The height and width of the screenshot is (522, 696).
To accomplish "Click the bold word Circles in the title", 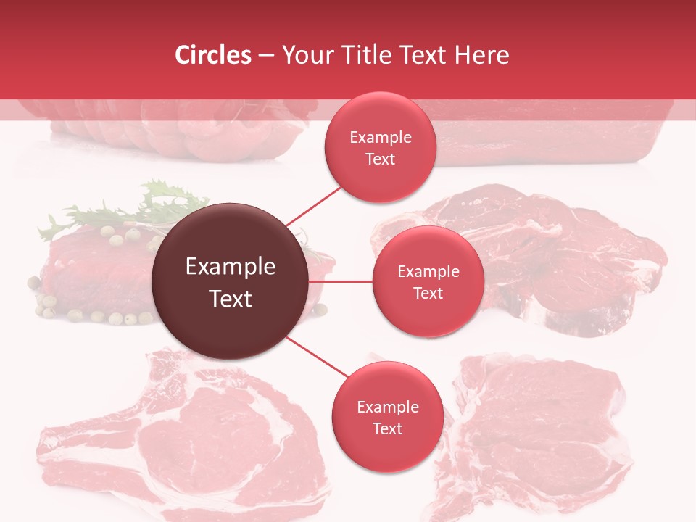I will click(213, 55).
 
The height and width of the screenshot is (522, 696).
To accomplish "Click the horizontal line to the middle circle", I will click(341, 281).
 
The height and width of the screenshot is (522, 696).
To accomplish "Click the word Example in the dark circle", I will click(231, 267).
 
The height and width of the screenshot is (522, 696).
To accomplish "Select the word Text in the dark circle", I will click(231, 299).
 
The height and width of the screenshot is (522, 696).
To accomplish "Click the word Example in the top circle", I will click(381, 138).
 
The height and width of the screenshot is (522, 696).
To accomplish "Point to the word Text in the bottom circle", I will click(387, 428).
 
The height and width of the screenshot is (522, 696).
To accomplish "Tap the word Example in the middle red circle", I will click(428, 272).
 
